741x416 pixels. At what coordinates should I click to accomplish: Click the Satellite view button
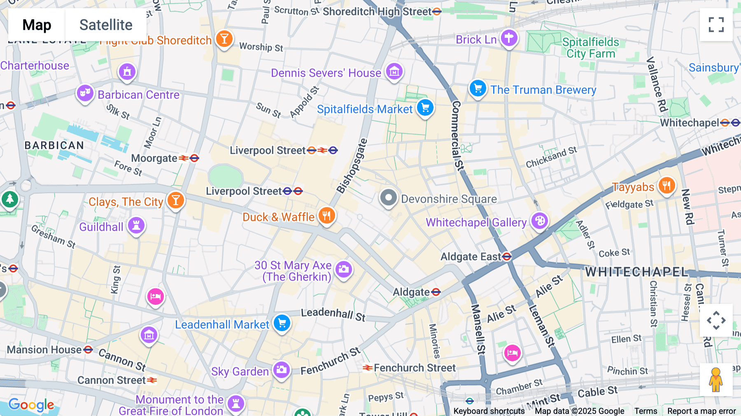106,25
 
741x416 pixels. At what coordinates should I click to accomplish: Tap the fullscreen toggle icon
716,25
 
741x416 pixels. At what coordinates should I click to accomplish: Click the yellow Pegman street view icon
716,379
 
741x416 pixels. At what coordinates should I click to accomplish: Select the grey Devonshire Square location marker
388,198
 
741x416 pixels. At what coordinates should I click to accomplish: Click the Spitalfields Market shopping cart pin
425,108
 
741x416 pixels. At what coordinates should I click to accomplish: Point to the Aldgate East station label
471,257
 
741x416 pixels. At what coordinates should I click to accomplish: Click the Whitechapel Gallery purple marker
540,221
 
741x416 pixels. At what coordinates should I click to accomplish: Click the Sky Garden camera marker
282,370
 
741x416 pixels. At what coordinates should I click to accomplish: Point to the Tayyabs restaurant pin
666,186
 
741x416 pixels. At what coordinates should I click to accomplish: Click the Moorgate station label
154,158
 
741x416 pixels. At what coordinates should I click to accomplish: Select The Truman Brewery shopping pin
478,88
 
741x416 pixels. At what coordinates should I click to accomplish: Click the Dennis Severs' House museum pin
394,72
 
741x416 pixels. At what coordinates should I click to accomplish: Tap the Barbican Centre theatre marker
85,93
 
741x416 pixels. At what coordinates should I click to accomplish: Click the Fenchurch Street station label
414,368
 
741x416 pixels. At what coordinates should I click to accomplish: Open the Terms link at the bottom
645,411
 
